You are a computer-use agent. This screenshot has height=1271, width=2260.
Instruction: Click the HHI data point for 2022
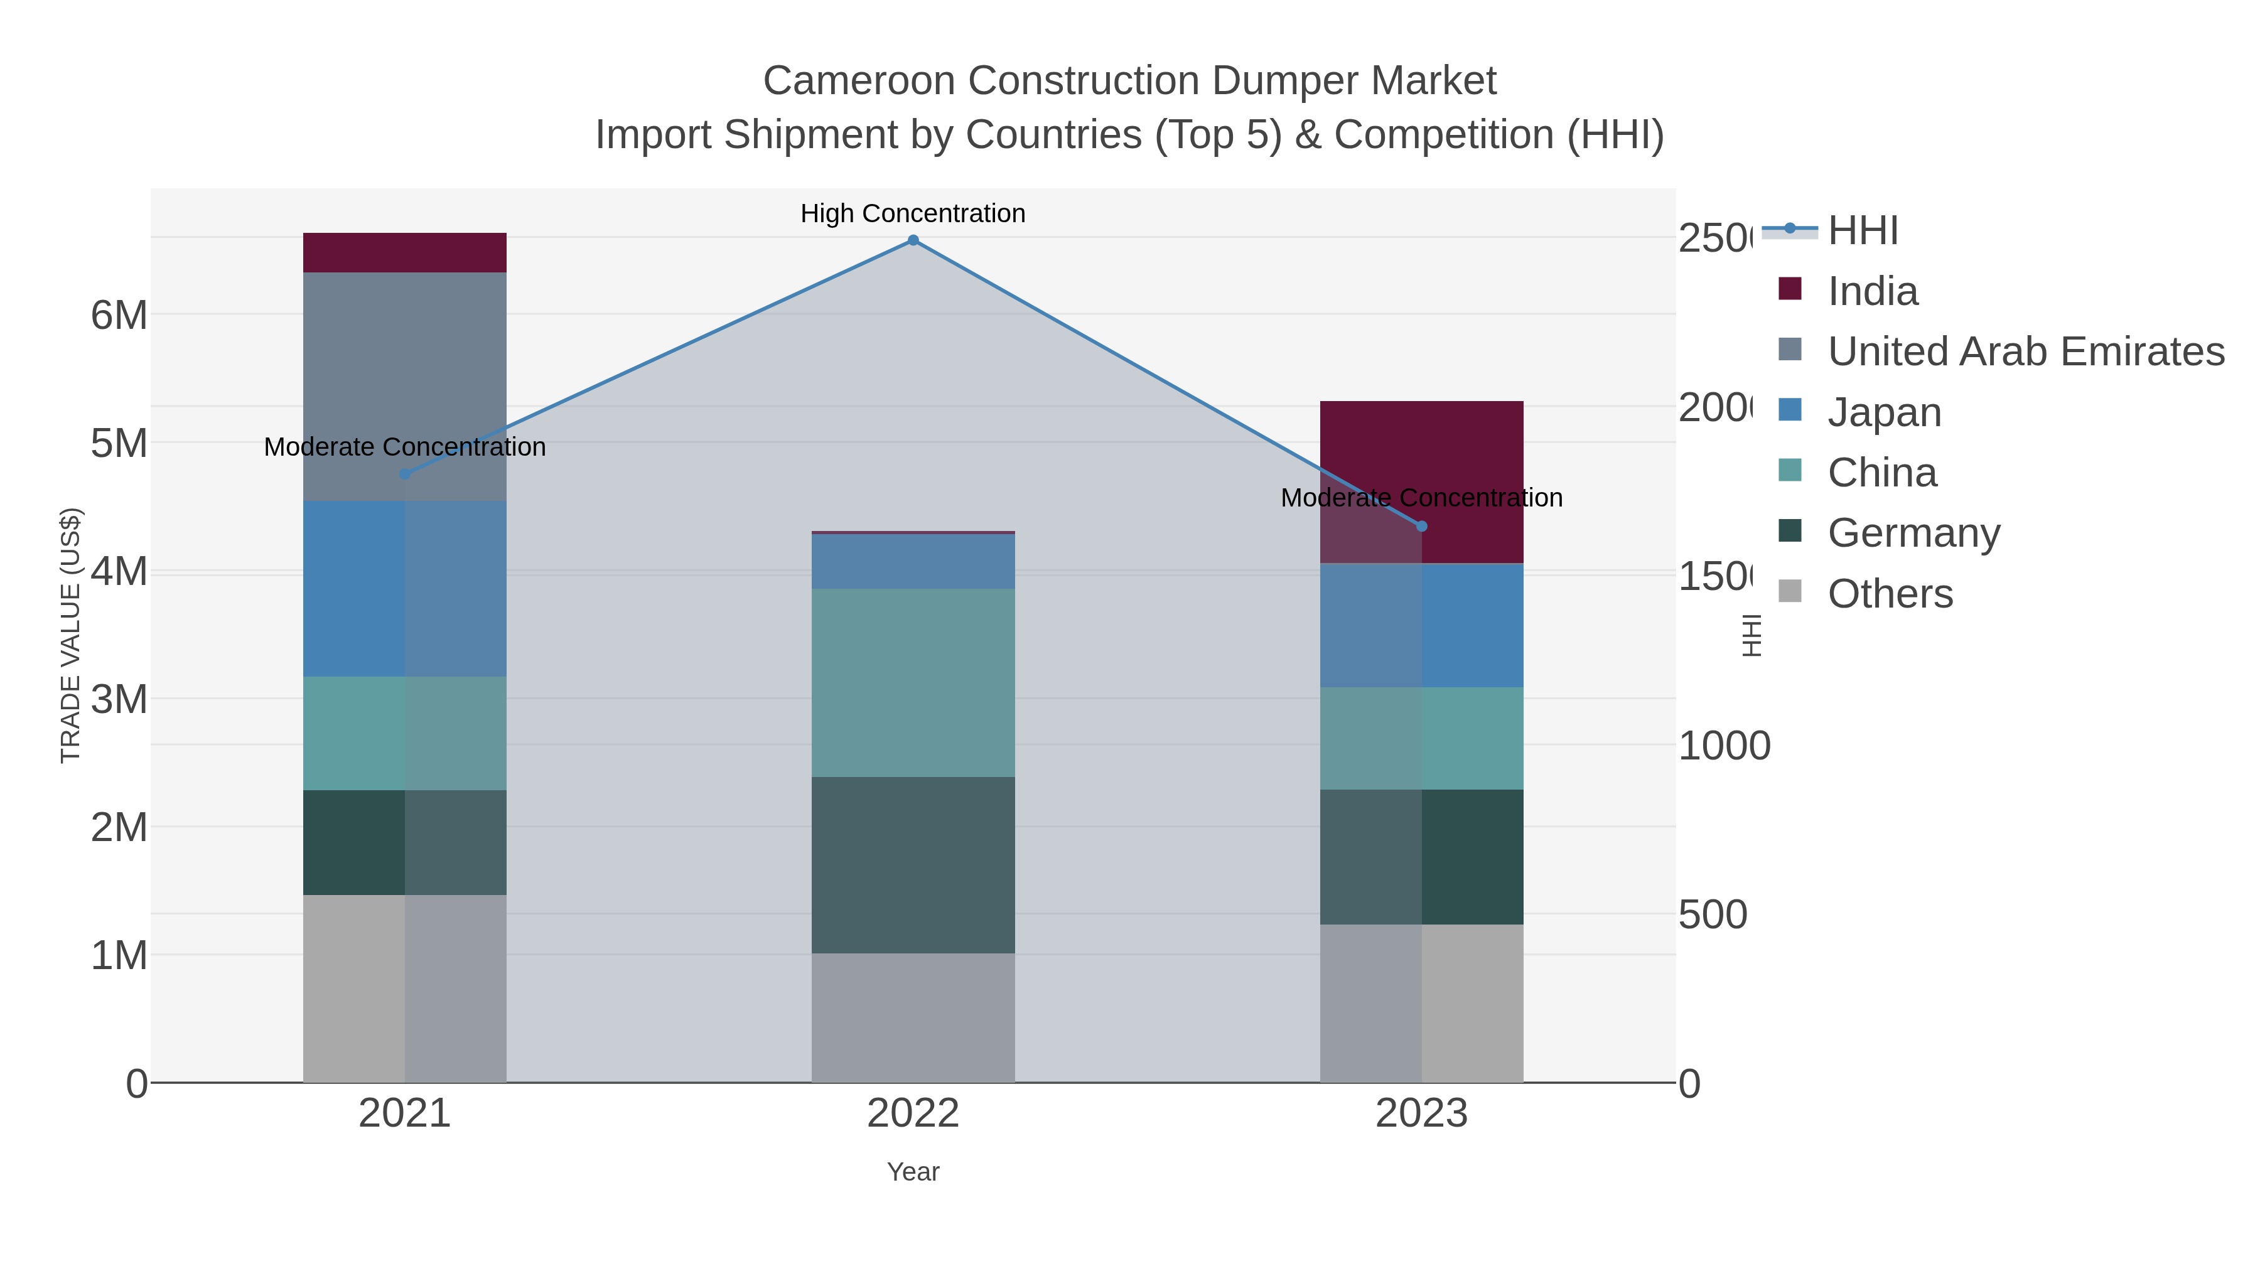(x=912, y=240)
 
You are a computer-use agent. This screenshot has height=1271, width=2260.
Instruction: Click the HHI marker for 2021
(x=404, y=474)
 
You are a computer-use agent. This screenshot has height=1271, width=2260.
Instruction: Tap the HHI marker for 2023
(x=1421, y=527)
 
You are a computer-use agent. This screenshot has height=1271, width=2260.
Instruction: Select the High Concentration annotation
(x=912, y=213)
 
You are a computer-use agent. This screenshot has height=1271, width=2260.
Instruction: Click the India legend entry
(x=1872, y=291)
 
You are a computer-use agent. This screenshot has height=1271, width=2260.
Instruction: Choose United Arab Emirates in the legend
(x=2025, y=351)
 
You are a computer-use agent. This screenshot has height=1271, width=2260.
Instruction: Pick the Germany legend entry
(x=1913, y=534)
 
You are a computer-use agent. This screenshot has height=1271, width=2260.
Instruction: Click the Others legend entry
(x=1890, y=594)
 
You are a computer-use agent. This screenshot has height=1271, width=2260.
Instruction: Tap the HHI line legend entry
(x=1862, y=231)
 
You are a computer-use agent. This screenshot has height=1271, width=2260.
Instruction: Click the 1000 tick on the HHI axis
(x=1724, y=746)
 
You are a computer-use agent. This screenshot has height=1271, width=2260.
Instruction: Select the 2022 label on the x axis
(x=912, y=1113)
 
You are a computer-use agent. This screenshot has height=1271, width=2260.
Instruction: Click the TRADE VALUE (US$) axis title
(x=70, y=635)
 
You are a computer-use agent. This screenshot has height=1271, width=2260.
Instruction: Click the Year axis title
(x=912, y=1172)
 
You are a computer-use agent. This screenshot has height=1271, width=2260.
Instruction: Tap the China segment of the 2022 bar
(x=912, y=682)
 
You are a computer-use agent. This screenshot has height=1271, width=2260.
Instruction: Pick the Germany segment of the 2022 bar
(x=912, y=864)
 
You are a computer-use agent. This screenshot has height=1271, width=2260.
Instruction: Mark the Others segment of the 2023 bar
(x=1421, y=1002)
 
